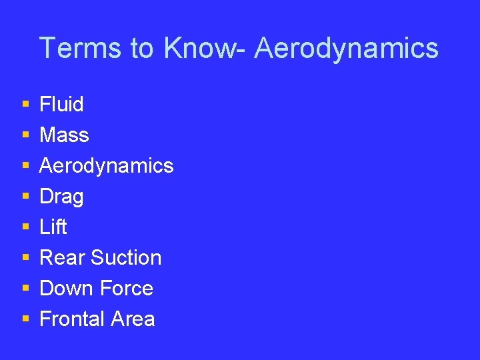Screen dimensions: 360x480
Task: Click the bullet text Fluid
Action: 61,104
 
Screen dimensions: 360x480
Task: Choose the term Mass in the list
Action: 64,135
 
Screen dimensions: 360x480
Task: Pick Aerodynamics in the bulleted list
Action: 106,166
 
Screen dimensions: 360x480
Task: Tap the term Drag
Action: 61,197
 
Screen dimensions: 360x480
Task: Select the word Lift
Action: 53,227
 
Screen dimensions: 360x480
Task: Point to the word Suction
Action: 126,257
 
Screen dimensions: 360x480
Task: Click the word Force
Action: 125,288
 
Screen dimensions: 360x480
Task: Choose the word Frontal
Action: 72,319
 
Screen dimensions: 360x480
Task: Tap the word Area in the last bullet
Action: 133,319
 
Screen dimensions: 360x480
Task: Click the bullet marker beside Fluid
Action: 25,105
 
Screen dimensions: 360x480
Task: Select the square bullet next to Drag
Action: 25,197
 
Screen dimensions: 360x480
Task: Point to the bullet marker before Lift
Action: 25,227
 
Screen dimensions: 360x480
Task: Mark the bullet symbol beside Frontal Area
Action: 25,319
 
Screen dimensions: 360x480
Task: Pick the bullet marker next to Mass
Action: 25,135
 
